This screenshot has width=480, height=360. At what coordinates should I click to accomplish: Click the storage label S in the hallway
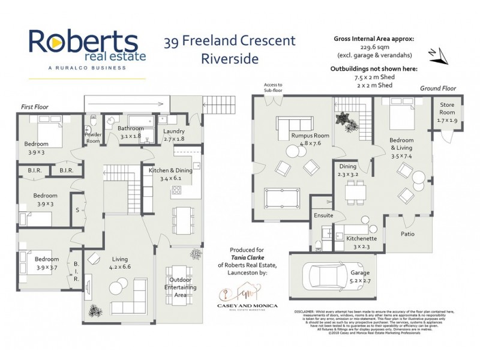tap(78, 210)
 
